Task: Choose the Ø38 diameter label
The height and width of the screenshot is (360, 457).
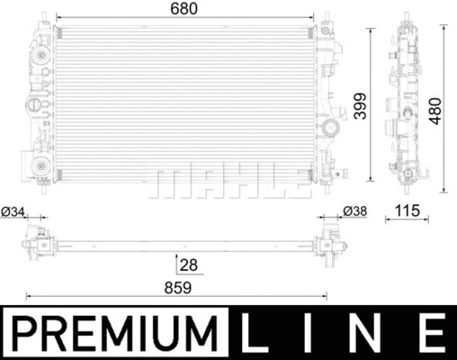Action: (x=354, y=212)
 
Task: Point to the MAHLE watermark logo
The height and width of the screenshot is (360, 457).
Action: (x=227, y=179)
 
